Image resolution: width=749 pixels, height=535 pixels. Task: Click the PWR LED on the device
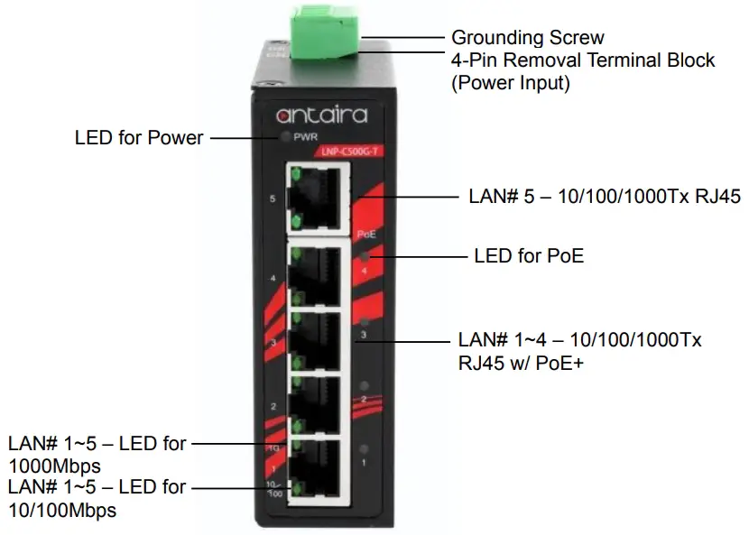[286, 137]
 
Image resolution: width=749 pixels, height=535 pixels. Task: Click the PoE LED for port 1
[363, 449]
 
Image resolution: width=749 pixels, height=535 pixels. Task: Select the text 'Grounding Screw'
[527, 38]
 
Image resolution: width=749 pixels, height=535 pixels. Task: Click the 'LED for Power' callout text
[139, 138]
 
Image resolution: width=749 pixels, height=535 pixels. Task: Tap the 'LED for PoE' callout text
[529, 256]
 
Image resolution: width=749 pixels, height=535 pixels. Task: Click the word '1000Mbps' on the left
[54, 466]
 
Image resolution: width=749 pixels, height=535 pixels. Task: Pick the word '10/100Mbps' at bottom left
[62, 510]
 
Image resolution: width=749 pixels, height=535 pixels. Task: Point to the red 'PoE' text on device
[365, 234]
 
